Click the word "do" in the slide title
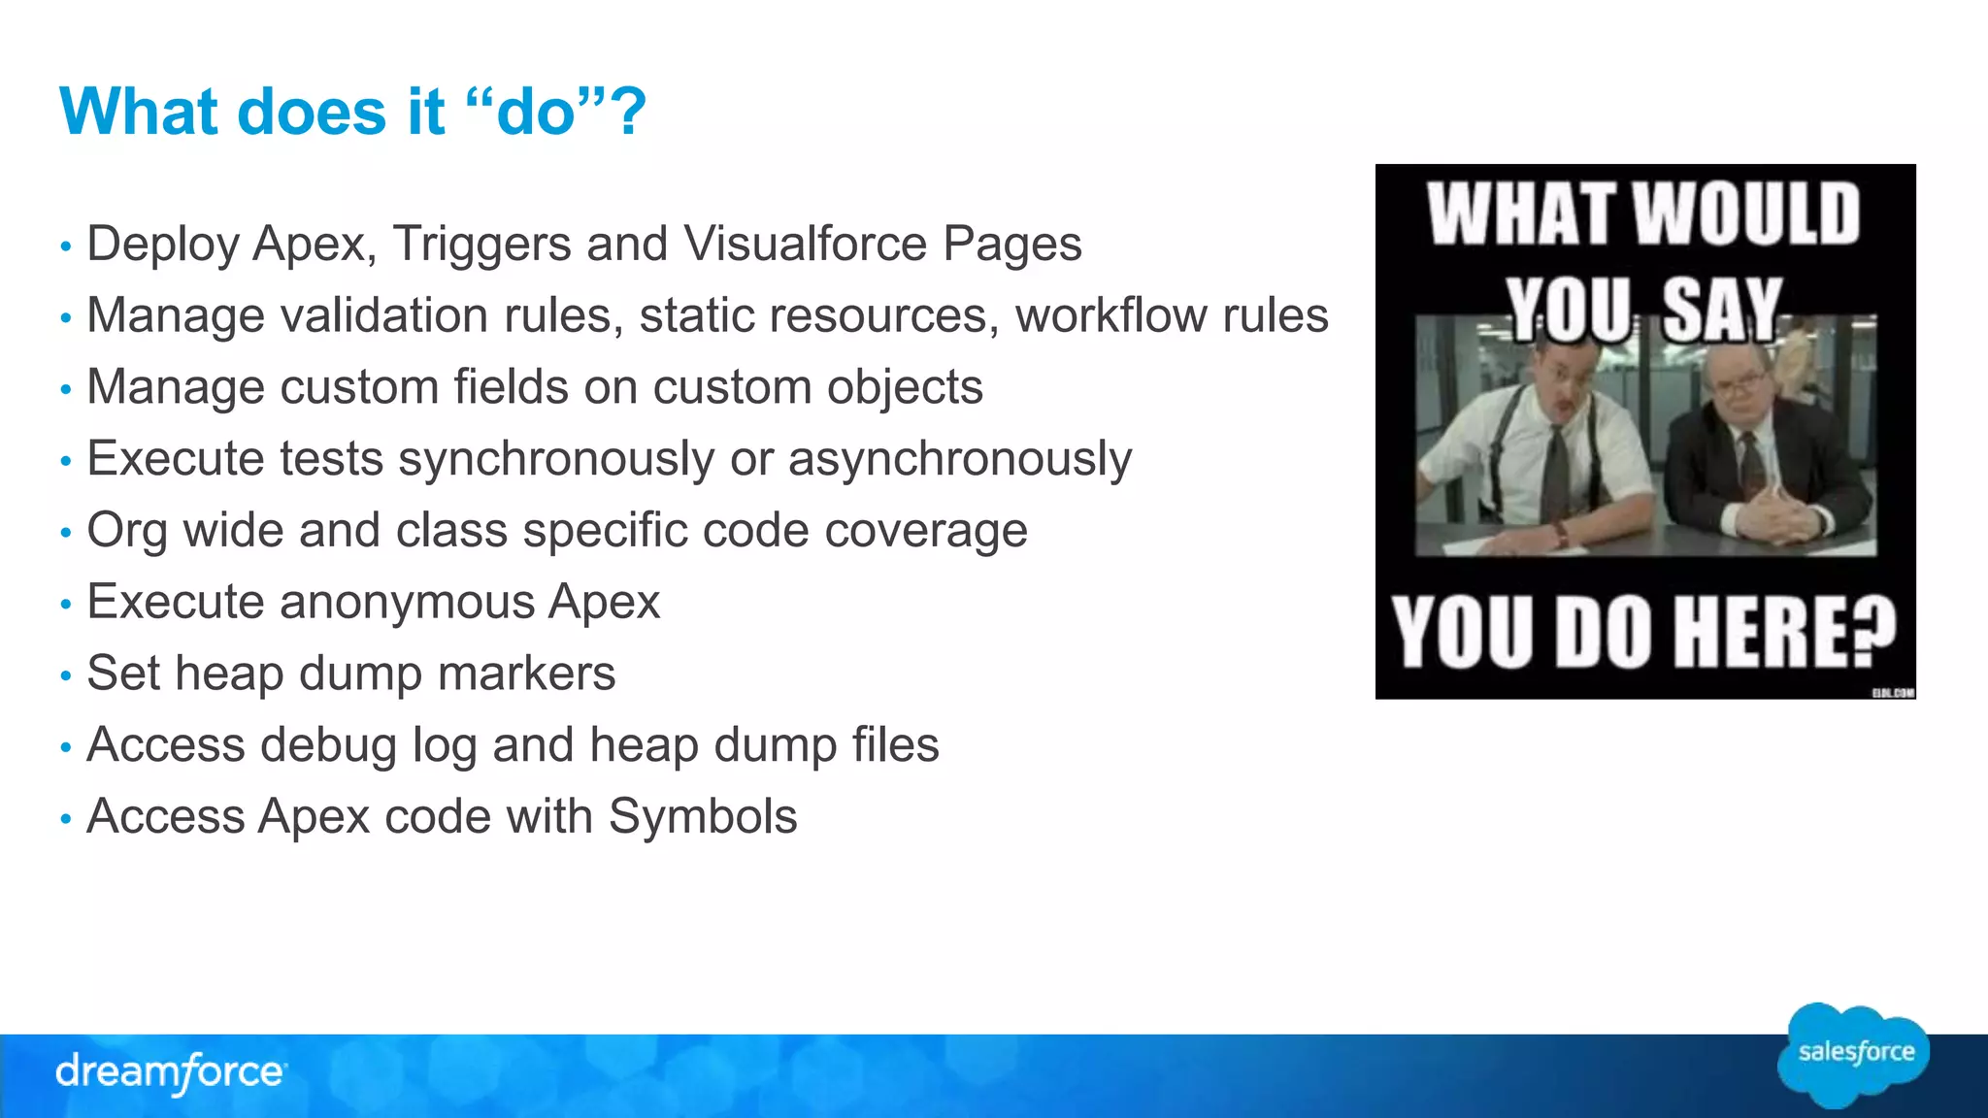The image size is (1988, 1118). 536,113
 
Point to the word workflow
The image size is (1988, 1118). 1110,315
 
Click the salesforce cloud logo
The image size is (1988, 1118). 1854,1054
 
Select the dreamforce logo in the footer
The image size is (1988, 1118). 170,1072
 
